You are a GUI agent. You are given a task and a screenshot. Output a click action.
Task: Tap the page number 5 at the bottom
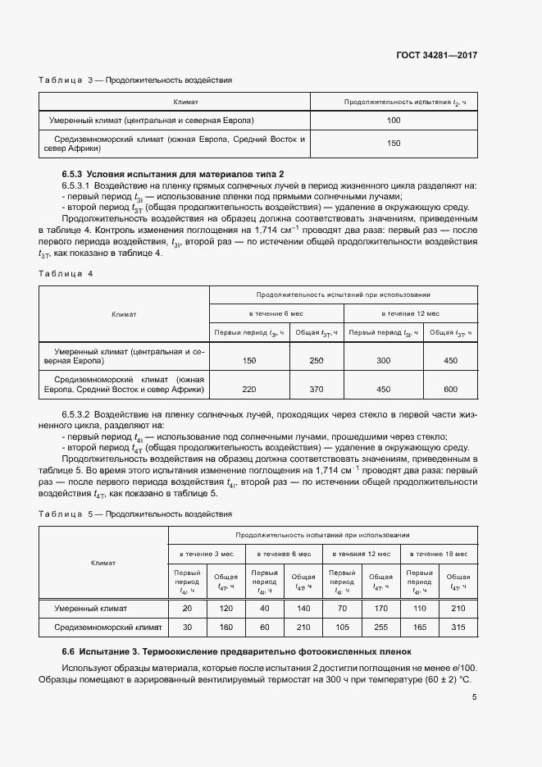(x=475, y=697)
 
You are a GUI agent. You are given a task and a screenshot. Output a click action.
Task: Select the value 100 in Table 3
(x=393, y=121)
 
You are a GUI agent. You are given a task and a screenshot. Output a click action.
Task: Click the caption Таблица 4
(x=66, y=273)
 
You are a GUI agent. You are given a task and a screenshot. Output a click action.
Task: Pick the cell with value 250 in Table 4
(x=317, y=360)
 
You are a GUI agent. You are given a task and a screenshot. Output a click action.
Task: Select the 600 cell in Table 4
(x=450, y=390)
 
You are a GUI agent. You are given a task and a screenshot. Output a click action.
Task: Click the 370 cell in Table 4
(x=317, y=390)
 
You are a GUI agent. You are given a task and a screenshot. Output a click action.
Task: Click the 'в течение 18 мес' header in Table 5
(x=439, y=555)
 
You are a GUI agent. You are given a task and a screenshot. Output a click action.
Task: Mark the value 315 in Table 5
(x=458, y=628)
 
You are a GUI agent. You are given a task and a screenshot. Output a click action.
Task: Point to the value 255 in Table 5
(x=380, y=628)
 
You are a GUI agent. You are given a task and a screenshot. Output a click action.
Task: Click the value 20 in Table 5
(x=186, y=609)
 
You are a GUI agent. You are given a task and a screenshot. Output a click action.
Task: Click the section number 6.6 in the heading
(x=69, y=651)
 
